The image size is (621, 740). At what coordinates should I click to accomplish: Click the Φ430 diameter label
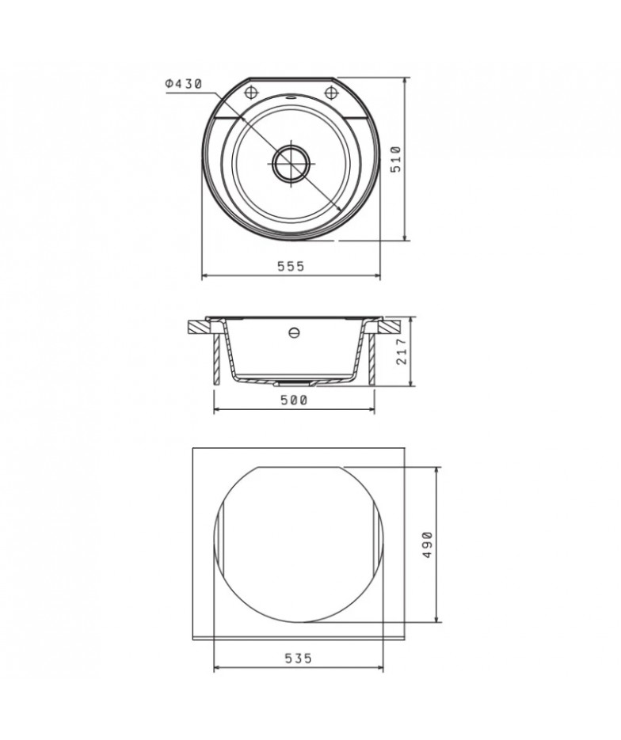(184, 84)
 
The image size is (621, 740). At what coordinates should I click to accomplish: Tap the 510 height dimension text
(396, 160)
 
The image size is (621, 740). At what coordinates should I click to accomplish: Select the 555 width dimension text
(291, 267)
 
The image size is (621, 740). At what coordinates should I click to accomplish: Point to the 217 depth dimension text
(402, 351)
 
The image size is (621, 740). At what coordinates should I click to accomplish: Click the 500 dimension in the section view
(294, 400)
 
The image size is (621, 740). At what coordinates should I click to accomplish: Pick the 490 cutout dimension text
(428, 545)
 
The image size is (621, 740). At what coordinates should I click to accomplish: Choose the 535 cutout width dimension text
(299, 658)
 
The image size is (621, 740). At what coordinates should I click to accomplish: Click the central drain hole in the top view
(291, 162)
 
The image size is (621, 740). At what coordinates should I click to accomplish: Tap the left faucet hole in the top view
(251, 92)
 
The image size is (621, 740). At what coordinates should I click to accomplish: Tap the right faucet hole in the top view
(332, 92)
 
